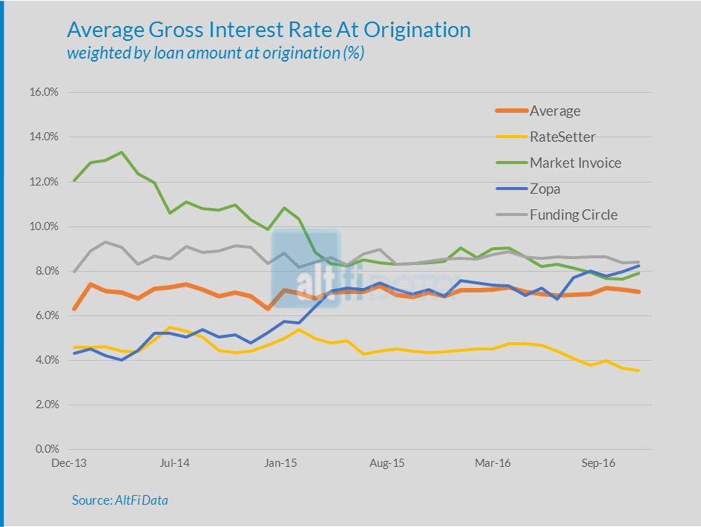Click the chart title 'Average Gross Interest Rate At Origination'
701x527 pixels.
(x=269, y=30)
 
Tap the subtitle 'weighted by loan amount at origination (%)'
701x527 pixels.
(x=215, y=53)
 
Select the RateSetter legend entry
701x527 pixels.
(x=562, y=137)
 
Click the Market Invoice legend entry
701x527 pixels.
(x=576, y=163)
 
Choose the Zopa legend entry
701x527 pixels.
(x=544, y=189)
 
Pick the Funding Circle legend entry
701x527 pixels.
(x=573, y=215)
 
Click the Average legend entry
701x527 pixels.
(x=555, y=111)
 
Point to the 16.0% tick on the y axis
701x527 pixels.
(x=44, y=93)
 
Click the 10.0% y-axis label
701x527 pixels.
(x=44, y=226)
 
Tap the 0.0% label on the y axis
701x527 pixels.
(x=46, y=449)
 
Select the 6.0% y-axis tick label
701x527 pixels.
(x=46, y=315)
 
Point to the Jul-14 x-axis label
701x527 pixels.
(x=174, y=463)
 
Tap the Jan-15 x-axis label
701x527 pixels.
(x=280, y=463)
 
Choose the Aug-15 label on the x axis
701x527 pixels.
(x=386, y=463)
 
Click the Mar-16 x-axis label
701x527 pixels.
(x=493, y=463)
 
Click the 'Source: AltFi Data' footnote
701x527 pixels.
(x=120, y=500)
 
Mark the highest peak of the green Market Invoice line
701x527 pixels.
(x=122, y=152)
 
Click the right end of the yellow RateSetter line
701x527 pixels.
(x=639, y=370)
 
